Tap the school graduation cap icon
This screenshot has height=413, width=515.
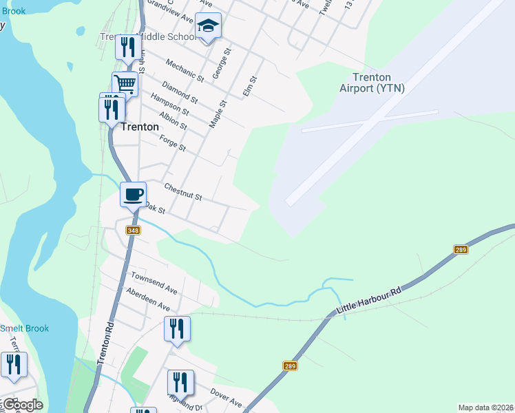(x=208, y=27)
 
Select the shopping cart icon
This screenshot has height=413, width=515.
(x=125, y=84)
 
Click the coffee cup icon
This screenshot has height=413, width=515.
(x=134, y=193)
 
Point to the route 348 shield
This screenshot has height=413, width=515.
(x=134, y=231)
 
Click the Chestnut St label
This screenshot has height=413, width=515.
(x=182, y=191)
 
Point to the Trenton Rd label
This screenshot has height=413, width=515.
(x=105, y=342)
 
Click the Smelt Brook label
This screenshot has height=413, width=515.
(x=25, y=328)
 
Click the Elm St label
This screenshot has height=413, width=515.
(x=251, y=87)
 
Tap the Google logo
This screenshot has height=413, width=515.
(x=22, y=405)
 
